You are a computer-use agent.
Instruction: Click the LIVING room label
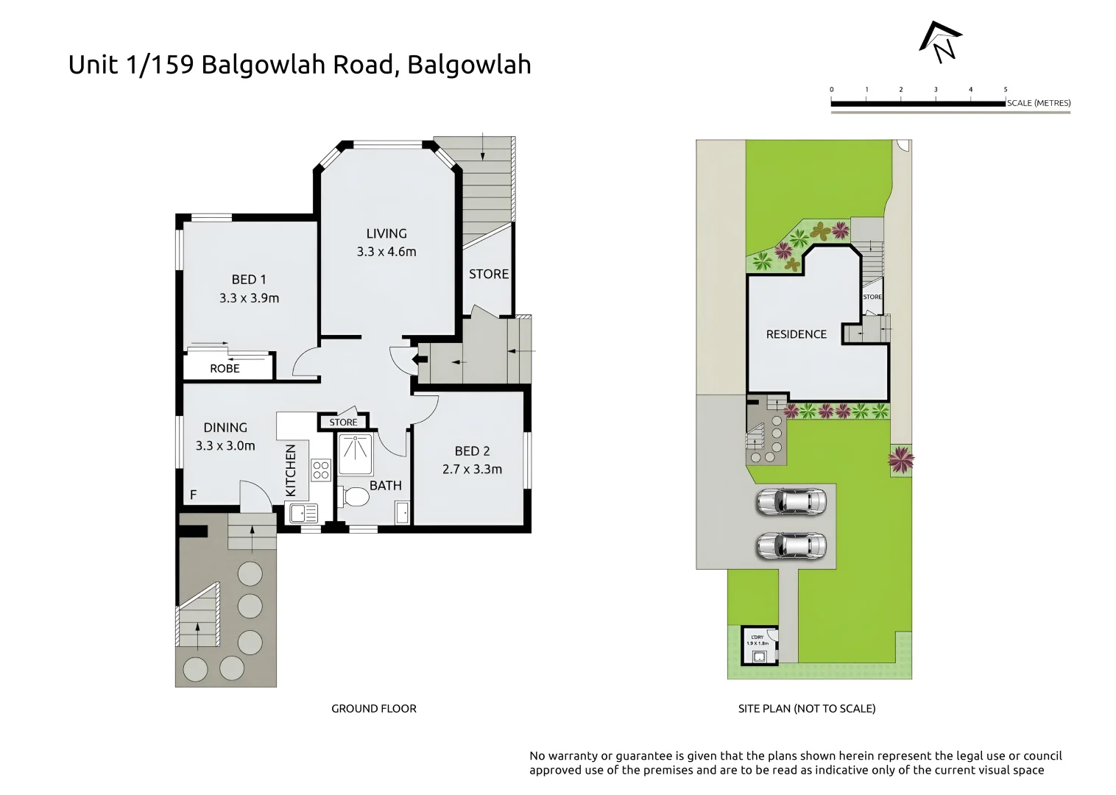(386, 233)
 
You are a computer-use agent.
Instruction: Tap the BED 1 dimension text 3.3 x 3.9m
(249, 298)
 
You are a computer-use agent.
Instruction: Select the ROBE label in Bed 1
(225, 368)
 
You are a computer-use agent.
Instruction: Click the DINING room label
(225, 427)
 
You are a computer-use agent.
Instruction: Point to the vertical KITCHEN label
(290, 470)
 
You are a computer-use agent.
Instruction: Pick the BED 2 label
(472, 451)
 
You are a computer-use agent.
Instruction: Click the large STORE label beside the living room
(489, 274)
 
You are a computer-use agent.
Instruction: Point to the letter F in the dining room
(194, 495)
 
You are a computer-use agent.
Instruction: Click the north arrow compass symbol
(942, 42)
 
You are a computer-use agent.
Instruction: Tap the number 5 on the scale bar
(1006, 90)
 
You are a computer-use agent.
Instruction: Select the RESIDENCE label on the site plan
(796, 334)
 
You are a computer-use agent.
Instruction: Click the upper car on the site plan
(791, 502)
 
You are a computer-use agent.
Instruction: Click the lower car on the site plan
(791, 546)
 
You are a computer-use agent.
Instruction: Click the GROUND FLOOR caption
(373, 709)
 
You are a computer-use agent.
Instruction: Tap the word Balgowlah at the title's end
(469, 65)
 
